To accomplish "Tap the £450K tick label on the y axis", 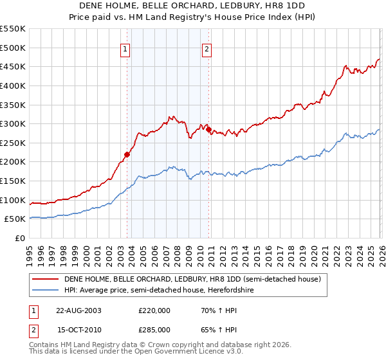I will tap(12, 66).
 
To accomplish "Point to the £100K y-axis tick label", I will tap(12, 200).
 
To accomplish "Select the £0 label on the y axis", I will tap(19, 238).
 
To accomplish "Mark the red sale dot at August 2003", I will tap(127, 154).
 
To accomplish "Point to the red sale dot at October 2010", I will tap(208, 130).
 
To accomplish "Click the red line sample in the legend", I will tap(45, 279).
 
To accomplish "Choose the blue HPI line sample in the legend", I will tap(45, 290).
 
